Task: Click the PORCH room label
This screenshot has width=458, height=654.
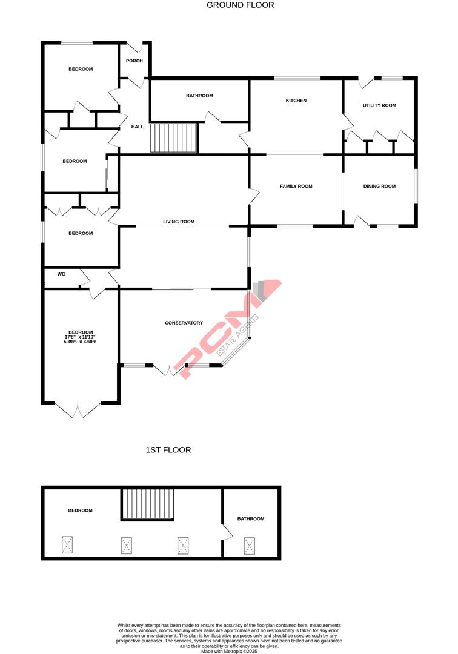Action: click(134, 61)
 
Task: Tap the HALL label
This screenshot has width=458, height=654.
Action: click(138, 127)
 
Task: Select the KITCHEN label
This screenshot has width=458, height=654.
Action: click(296, 101)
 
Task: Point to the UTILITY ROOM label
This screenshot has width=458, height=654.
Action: click(379, 105)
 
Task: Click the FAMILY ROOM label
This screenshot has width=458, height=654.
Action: click(296, 186)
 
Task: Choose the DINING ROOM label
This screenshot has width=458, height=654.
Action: click(379, 186)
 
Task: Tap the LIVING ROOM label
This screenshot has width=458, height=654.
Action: click(179, 222)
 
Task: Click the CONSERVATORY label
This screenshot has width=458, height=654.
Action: click(184, 323)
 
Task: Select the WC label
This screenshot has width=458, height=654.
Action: click(61, 274)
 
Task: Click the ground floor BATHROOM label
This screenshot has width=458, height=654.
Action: click(199, 96)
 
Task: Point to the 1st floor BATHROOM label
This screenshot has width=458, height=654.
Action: click(251, 518)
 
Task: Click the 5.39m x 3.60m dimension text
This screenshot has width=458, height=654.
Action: click(80, 342)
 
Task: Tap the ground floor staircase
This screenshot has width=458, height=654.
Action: click(173, 138)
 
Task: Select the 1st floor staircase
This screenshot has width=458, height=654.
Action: click(148, 504)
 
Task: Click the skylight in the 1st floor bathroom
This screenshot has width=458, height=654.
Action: click(250, 545)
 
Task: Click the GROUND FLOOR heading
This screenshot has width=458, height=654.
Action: click(240, 5)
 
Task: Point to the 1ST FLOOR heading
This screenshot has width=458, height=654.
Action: click(168, 450)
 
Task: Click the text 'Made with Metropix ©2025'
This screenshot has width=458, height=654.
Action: click(229, 650)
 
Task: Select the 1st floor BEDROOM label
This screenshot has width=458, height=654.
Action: click(80, 510)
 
